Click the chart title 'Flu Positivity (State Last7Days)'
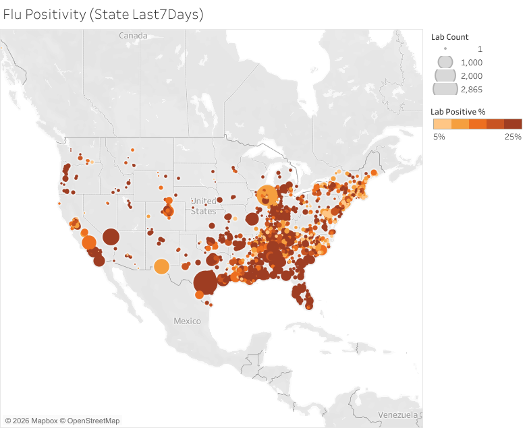pos(103,14)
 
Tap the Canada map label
pos(133,35)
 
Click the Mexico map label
pos(187,321)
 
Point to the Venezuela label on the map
pos(398,413)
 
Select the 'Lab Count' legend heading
pos(449,37)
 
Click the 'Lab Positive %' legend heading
pos(459,111)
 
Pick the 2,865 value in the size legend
pos(472,89)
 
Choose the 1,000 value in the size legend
pos(472,62)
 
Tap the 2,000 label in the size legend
pos(472,75)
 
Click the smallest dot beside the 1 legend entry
pos(445,49)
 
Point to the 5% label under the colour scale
pos(439,137)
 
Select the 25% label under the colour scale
pos(513,137)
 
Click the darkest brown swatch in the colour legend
pos(513,124)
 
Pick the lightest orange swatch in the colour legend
pos(441,124)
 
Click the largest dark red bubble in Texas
pos(205,282)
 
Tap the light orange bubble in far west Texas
pos(161,267)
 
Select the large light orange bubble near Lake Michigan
pos(267,195)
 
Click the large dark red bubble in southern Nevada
pos(111,237)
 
